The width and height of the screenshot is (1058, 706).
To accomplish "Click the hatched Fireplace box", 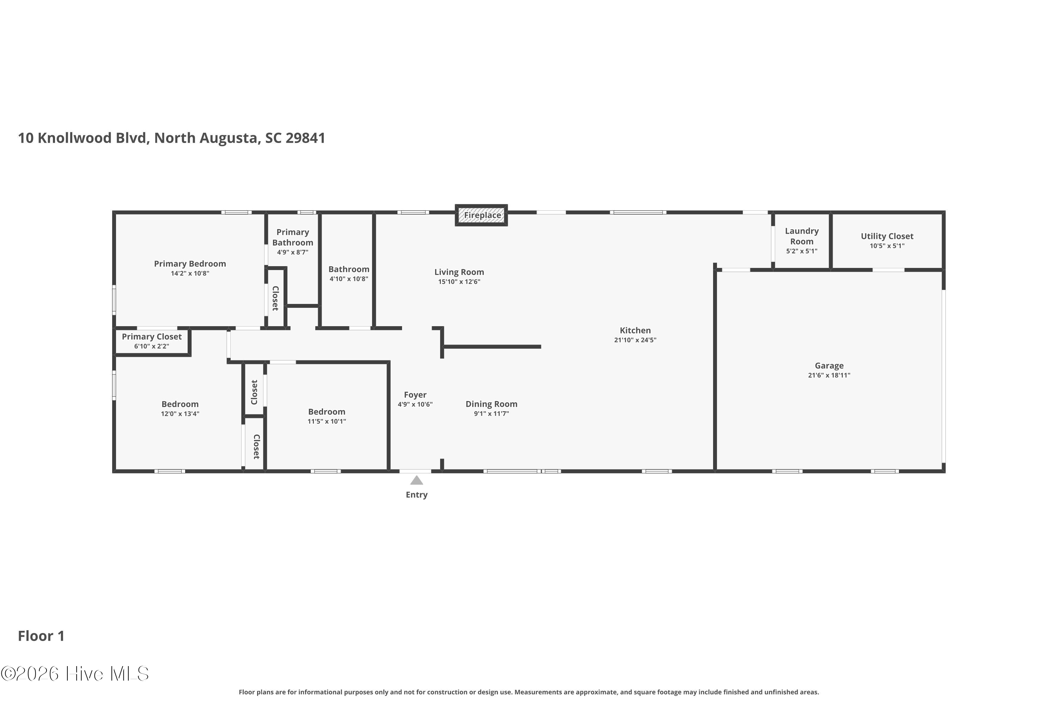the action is [x=481, y=215].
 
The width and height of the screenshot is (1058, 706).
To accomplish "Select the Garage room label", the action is [x=829, y=366].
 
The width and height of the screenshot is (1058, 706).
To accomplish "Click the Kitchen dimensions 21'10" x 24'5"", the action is [x=635, y=340].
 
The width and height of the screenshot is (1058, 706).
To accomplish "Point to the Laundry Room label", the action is [x=802, y=236].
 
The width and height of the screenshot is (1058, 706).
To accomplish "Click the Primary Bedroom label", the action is [x=190, y=264].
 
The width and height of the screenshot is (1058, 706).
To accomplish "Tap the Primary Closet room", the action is [x=152, y=341].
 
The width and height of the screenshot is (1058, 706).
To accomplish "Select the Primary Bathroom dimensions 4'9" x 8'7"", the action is [x=292, y=252].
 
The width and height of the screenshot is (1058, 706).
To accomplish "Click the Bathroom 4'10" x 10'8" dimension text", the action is [x=349, y=279].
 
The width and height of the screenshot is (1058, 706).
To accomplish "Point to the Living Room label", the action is [x=459, y=272].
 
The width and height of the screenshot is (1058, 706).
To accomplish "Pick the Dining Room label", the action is [x=491, y=404].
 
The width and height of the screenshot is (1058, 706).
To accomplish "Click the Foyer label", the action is [x=415, y=395].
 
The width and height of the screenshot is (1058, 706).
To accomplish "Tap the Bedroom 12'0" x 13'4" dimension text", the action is [x=180, y=414].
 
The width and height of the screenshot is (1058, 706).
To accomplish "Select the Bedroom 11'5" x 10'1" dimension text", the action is [x=327, y=421].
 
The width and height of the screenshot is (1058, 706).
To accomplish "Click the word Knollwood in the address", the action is [x=75, y=138].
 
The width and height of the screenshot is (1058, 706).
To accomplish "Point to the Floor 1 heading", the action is [x=41, y=636].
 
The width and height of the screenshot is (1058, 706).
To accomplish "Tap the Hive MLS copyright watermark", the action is [x=75, y=674].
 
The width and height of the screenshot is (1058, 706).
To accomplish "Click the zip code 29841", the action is [x=305, y=138].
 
